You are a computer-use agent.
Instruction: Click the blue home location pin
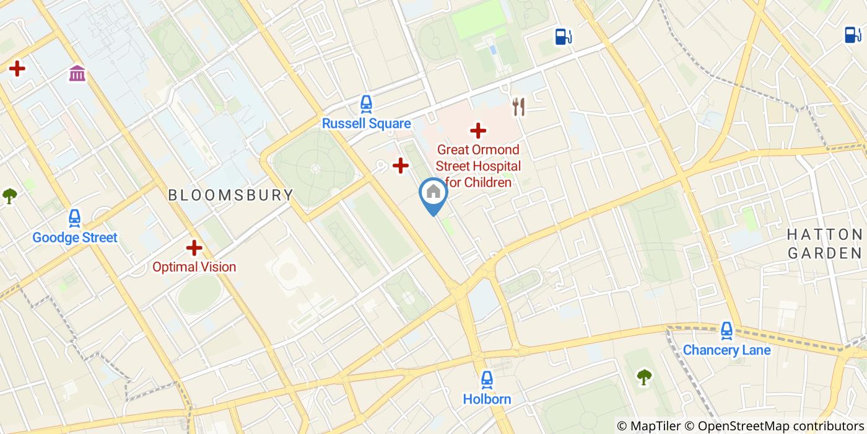click(434, 193)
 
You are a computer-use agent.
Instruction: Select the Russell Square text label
click(366, 123)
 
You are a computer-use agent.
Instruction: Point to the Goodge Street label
click(74, 237)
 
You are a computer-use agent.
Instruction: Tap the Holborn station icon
click(487, 379)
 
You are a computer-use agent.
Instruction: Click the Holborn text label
click(487, 399)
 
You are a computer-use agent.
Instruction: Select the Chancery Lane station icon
click(726, 330)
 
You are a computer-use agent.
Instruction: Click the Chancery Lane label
click(726, 350)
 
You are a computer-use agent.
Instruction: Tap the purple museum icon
click(77, 74)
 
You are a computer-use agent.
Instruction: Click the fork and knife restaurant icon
click(519, 107)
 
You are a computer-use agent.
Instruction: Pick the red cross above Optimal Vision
click(194, 248)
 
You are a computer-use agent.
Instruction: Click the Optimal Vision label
click(194, 267)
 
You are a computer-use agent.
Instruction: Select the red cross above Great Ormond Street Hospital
click(477, 130)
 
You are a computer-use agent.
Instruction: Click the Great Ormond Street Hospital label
click(478, 166)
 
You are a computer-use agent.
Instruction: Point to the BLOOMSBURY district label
click(231, 195)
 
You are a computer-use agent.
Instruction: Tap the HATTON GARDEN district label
click(824, 244)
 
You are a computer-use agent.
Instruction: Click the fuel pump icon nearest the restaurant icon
click(563, 37)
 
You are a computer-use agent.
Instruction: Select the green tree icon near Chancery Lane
click(645, 376)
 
